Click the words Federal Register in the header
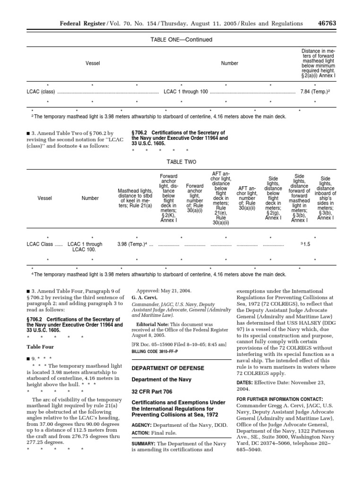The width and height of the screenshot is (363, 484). (78, 24)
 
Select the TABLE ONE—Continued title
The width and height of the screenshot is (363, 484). (181, 40)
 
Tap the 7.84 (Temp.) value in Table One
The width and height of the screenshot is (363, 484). (319, 92)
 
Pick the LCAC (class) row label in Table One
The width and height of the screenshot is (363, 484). (41, 92)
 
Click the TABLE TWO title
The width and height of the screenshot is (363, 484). (181, 162)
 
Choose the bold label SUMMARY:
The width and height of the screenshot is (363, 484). (145, 457)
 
